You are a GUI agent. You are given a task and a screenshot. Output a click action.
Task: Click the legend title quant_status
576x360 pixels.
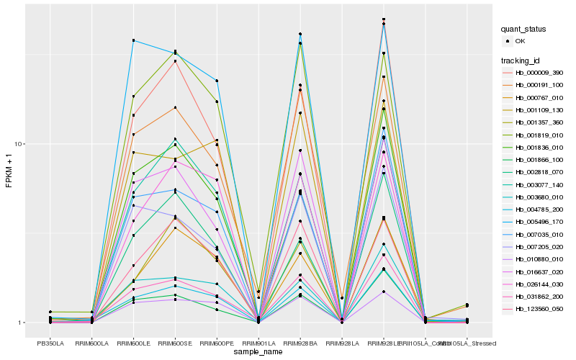point(523,30)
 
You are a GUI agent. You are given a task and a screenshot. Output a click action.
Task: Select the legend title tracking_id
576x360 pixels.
point(521,60)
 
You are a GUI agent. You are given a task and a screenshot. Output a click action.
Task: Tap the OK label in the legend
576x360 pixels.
point(520,42)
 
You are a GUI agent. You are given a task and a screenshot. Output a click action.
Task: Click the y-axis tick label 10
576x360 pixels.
point(20,144)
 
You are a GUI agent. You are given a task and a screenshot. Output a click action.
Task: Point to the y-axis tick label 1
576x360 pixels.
point(22,323)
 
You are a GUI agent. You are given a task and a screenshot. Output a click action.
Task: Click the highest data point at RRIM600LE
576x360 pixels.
point(133,40)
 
